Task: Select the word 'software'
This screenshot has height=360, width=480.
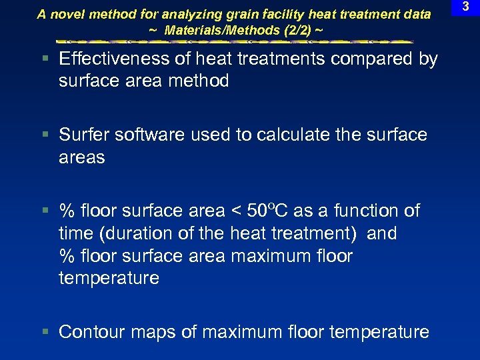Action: point(148,135)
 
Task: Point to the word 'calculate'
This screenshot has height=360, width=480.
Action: point(276,135)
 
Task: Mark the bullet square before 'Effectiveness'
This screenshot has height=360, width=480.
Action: point(45,59)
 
